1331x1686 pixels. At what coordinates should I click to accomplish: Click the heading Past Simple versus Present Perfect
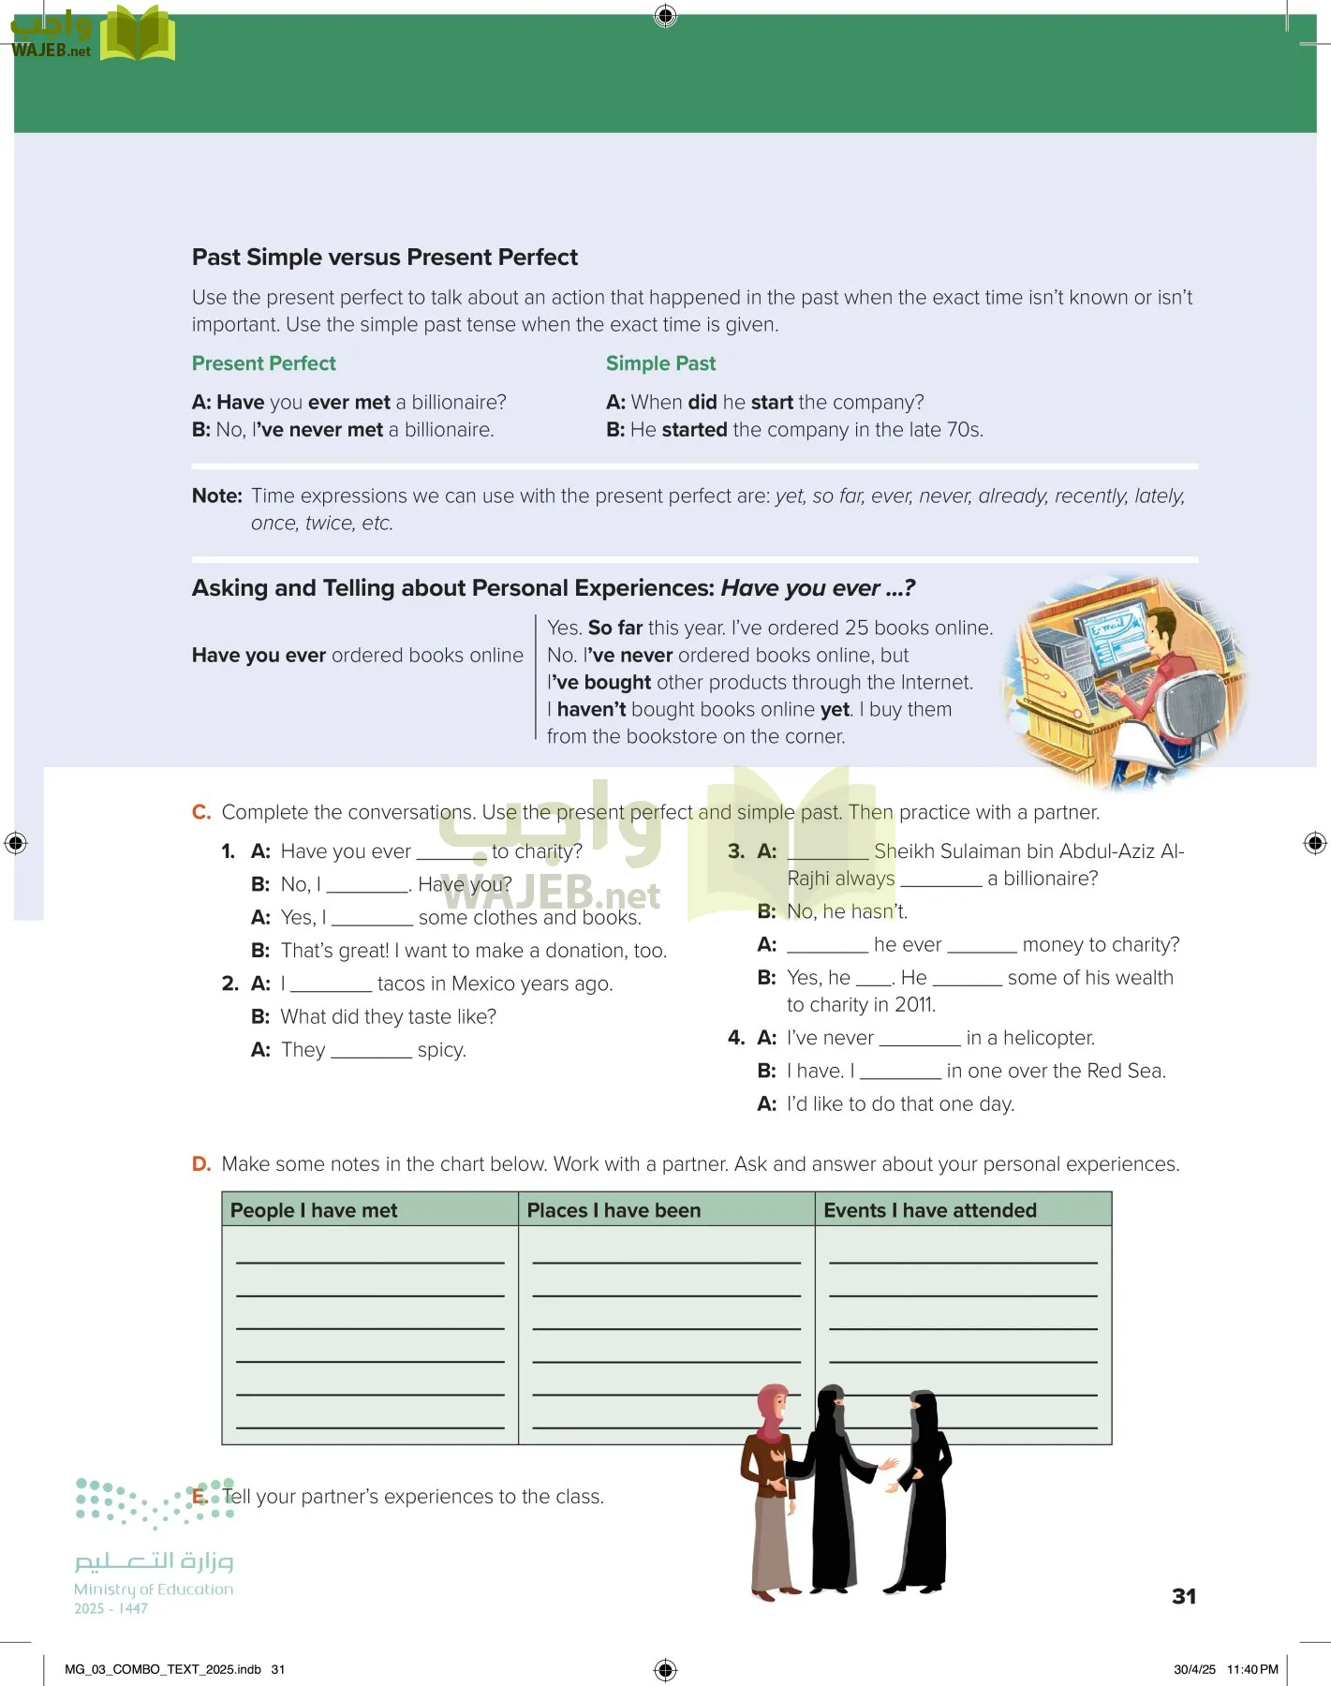[384, 258]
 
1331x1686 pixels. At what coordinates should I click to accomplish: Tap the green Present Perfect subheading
[263, 363]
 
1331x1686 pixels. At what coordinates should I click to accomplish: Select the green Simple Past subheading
[660, 363]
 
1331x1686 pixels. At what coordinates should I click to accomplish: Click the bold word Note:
[216, 496]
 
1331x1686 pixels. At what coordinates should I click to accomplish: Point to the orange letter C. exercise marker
[200, 812]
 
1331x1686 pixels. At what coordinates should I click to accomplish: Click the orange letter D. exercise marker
[200, 1164]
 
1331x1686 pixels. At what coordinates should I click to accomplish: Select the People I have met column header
[314, 1210]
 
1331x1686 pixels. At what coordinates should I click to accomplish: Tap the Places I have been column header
[614, 1210]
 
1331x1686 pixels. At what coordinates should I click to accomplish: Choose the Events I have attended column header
[929, 1210]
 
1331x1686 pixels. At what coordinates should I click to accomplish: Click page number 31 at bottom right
[1184, 1596]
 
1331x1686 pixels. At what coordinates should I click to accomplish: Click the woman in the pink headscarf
[772, 1489]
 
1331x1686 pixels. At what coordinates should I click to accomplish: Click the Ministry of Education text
[154, 1590]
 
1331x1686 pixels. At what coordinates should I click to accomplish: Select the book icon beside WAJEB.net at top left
[137, 35]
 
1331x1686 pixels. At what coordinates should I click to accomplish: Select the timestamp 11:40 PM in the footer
[1252, 1669]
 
